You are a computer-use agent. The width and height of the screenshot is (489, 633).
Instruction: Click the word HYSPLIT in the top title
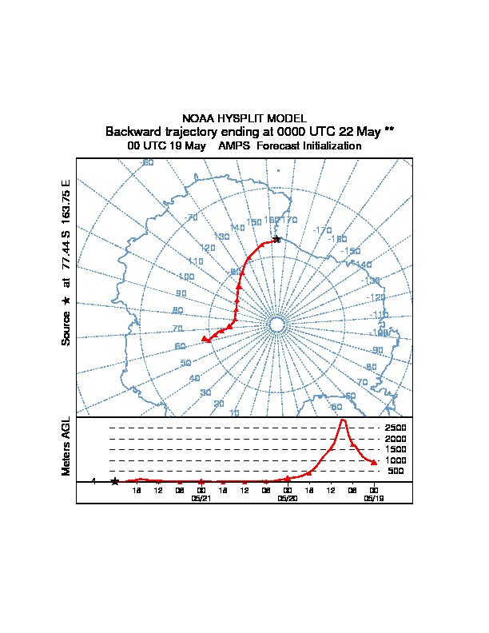click(235, 118)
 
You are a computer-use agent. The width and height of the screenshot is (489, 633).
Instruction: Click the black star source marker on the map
click(276, 239)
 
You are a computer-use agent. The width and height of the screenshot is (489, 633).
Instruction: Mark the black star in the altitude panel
click(115, 481)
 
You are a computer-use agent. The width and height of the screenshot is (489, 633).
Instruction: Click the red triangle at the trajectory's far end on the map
click(205, 340)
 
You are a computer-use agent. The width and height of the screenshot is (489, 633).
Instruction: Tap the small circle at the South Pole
click(276, 324)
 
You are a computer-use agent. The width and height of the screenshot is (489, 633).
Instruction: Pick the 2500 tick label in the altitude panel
click(396, 428)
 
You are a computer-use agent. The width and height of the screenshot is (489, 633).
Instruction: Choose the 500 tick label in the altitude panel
click(396, 471)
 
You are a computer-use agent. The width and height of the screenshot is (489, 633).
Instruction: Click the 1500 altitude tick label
click(396, 449)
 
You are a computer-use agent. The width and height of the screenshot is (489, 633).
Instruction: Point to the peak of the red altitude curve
click(343, 420)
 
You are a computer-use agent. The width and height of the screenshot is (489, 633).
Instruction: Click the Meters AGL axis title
click(66, 447)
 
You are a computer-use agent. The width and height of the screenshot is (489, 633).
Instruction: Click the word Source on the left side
click(66, 328)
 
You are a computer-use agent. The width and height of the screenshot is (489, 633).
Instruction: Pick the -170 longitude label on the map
click(322, 230)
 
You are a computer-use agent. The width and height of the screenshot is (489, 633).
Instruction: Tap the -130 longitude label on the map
click(372, 281)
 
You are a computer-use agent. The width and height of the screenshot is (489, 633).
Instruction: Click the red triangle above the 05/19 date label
click(374, 462)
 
